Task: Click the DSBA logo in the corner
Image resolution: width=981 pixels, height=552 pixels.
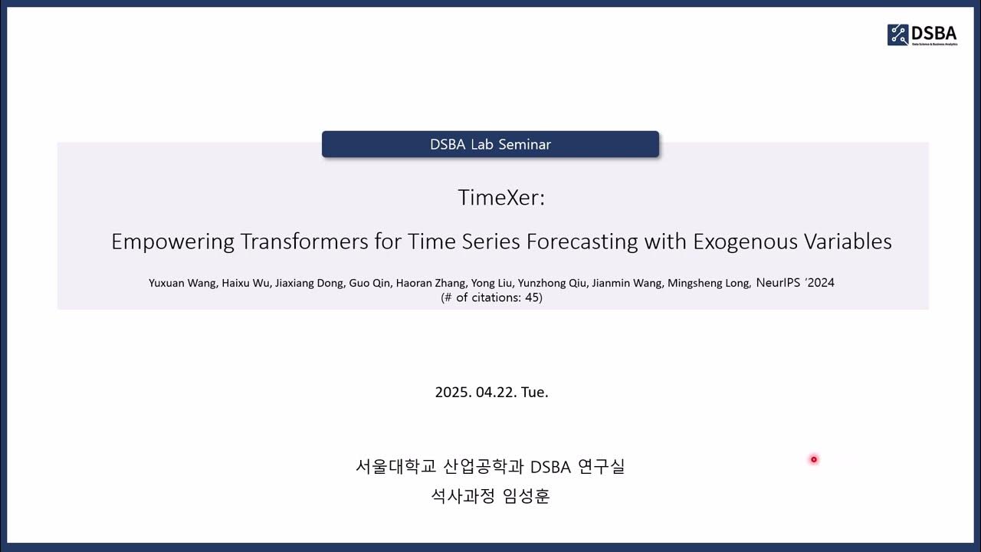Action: pos(922,34)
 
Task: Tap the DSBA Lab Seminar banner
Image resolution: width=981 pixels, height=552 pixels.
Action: pos(490,144)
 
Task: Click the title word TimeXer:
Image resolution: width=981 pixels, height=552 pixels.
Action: pos(501,198)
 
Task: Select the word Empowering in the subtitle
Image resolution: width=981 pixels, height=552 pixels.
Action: pos(172,242)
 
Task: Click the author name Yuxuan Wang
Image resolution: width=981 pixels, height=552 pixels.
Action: pos(182,283)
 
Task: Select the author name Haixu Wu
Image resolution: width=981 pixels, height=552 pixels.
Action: pos(244,283)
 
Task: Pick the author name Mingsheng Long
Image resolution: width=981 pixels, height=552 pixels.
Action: pos(708,283)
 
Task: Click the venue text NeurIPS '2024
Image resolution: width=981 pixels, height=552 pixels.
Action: pos(795,282)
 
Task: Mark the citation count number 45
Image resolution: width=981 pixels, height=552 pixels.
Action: pos(531,297)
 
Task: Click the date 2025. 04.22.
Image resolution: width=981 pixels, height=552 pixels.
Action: pos(475,392)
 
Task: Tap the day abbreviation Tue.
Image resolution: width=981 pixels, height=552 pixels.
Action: pos(535,392)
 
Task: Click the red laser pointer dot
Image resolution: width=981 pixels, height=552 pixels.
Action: pos(814,459)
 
